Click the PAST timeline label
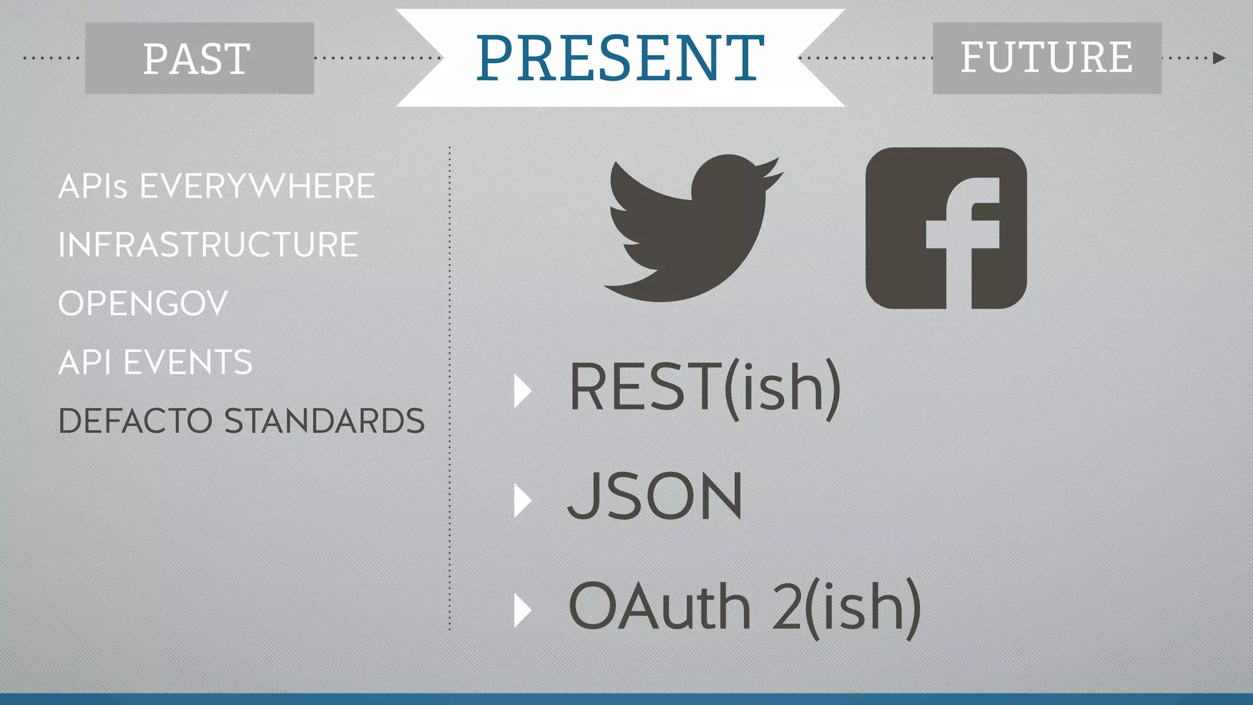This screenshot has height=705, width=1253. coord(197,59)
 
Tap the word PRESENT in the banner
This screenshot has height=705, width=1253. coord(620,58)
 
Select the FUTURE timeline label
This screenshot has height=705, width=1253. coord(1046,58)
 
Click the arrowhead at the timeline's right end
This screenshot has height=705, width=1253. coord(1219,58)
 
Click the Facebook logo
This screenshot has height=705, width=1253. coord(946,228)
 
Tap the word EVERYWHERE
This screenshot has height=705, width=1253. coord(257,186)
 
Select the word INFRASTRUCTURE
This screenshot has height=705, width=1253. coord(208,245)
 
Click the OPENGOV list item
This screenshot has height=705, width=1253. coord(143,304)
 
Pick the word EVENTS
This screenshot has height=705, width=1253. coord(188,362)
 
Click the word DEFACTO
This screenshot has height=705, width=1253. coord(135,421)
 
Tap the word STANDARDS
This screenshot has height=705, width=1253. coord(324,421)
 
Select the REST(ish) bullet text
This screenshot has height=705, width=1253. coord(705,388)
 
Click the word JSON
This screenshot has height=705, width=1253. coord(655,497)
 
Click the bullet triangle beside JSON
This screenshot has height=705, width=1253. coord(522,501)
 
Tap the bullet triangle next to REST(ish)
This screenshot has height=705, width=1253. coord(522,391)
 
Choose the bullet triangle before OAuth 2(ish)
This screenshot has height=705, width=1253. coord(522,610)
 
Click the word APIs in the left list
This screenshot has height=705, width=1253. coord(93,186)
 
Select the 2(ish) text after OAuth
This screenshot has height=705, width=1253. coord(846,607)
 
